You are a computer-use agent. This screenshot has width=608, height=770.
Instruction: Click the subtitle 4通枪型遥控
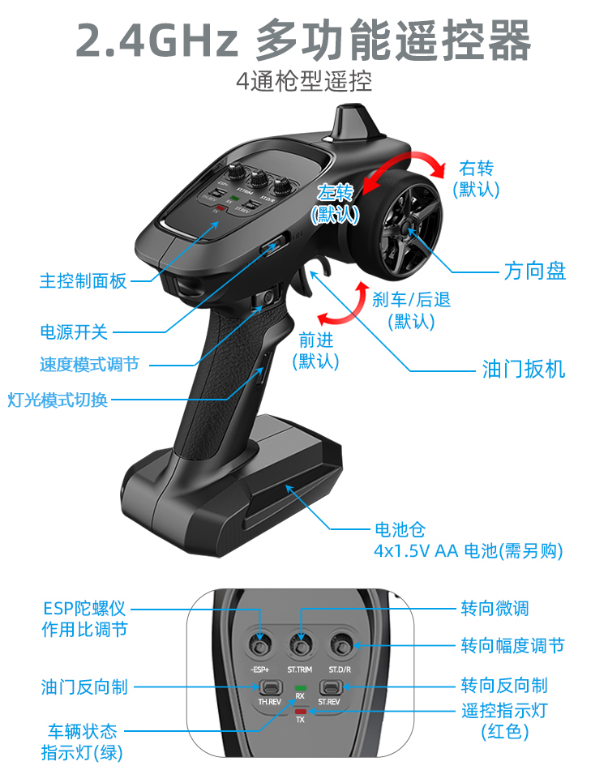[x=304, y=83]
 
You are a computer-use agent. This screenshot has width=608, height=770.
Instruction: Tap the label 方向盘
[x=534, y=271]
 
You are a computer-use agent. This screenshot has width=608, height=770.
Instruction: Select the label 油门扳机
[x=524, y=370]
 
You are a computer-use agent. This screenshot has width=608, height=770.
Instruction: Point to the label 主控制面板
[x=83, y=281]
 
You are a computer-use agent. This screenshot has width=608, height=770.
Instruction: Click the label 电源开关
[x=74, y=332]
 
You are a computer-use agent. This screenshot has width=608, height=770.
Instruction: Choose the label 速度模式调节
[x=89, y=364]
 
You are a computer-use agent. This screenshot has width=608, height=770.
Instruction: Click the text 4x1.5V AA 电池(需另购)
[x=468, y=551]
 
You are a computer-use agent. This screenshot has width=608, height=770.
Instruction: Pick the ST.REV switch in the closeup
[x=329, y=687]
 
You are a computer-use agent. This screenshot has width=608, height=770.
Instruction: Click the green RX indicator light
[x=300, y=687]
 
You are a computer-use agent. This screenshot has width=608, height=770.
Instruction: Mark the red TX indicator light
[x=300, y=712]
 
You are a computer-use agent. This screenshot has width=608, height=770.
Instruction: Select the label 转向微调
[x=495, y=608]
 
